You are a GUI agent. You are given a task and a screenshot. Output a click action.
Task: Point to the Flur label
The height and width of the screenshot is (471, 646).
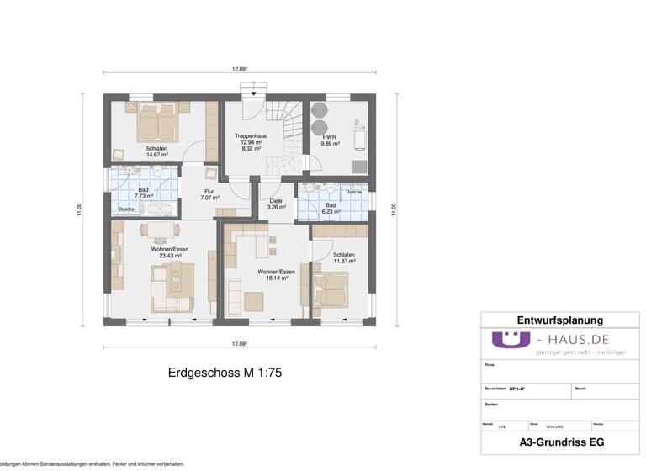tap(209, 191)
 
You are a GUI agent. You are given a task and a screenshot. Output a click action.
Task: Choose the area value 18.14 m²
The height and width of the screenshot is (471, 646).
tap(276, 278)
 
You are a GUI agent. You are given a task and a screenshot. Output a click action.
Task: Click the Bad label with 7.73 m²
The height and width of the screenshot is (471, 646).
tap(143, 190)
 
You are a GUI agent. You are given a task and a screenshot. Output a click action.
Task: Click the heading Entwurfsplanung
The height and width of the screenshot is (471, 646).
tap(559, 320)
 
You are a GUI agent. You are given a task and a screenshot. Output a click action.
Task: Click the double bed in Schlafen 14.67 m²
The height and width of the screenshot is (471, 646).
tap(156, 124)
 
